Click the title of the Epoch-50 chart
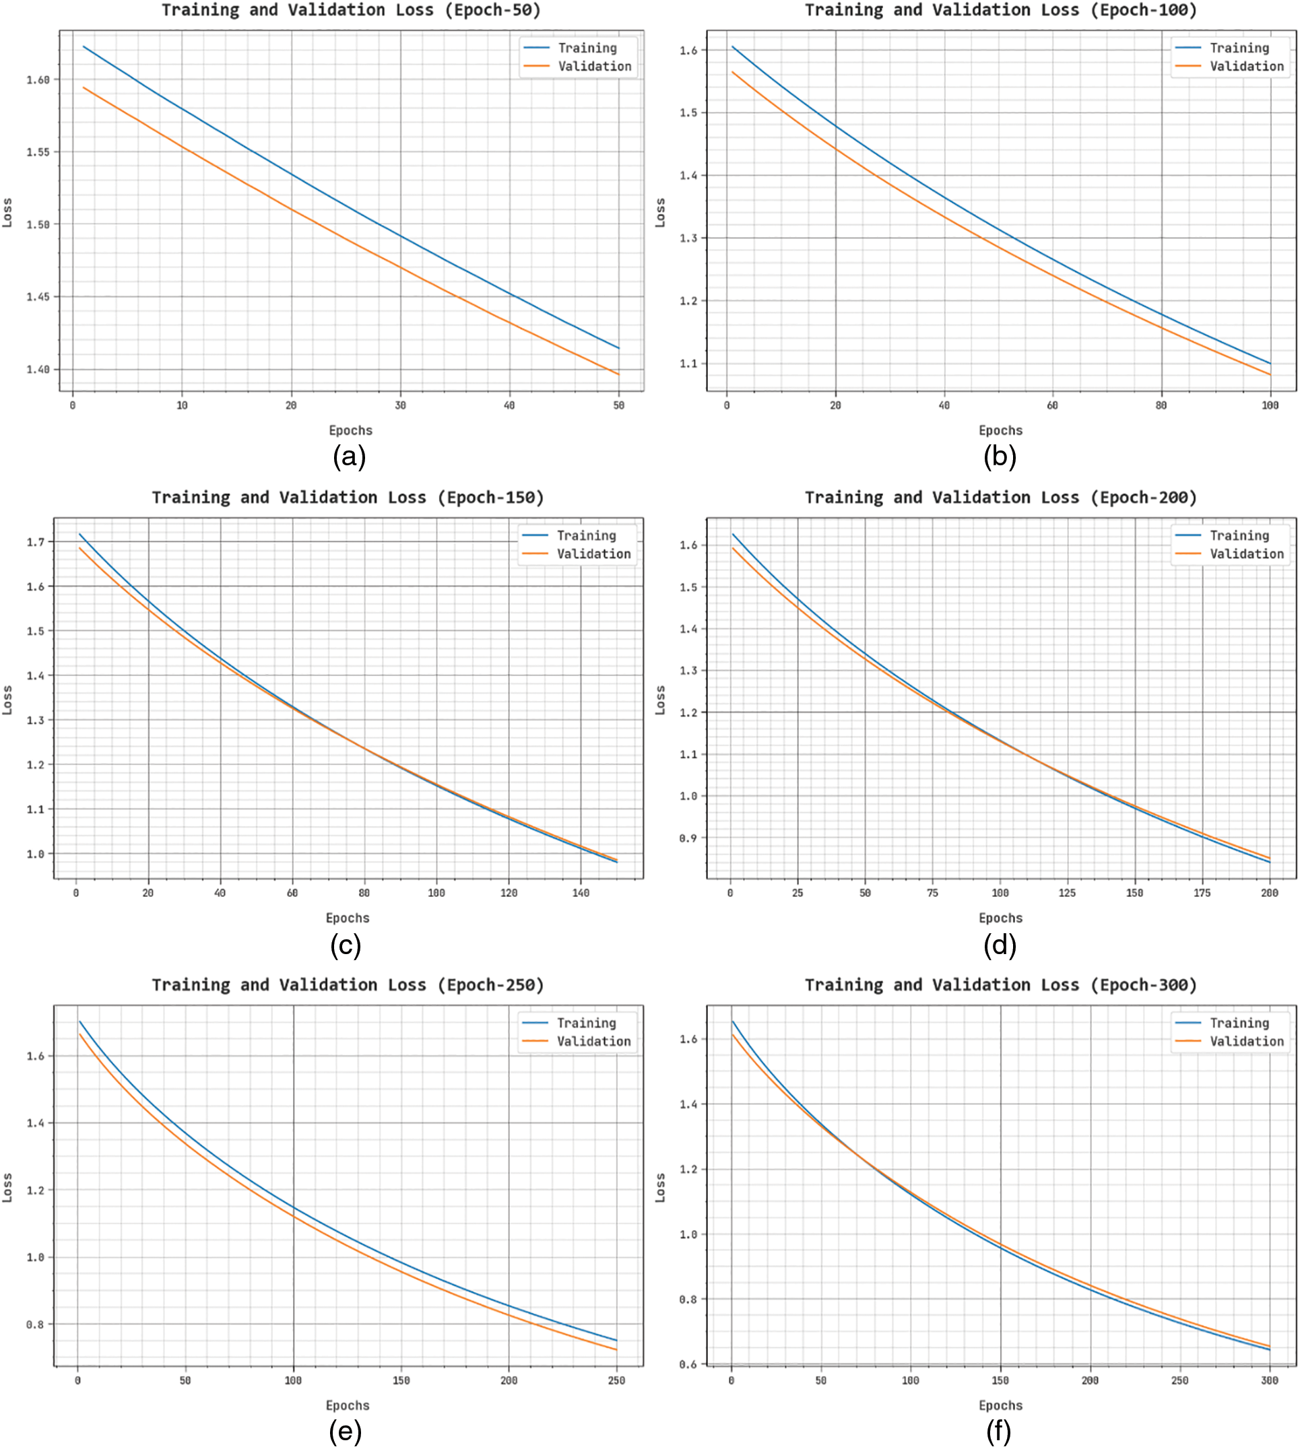[351, 10]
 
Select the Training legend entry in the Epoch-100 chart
[1239, 48]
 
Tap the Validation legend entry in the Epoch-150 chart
[593, 553]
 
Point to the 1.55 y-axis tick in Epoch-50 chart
[38, 152]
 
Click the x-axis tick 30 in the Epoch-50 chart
[400, 405]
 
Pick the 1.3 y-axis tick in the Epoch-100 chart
[688, 238]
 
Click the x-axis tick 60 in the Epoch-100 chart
[1052, 405]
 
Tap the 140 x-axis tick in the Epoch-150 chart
[581, 893]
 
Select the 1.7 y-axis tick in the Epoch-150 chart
[36, 542]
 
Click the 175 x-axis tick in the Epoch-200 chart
[1202, 893]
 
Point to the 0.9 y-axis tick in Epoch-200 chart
[688, 838]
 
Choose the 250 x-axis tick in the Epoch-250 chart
[616, 1380]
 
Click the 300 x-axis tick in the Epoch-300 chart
[1269, 1380]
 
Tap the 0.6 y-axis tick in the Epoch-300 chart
[688, 1365]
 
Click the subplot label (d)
[1000, 945]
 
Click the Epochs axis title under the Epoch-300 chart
[1000, 1405]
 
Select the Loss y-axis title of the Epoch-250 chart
[7, 1187]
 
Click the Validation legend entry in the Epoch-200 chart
[1245, 553]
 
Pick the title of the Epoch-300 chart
[1000, 985]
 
